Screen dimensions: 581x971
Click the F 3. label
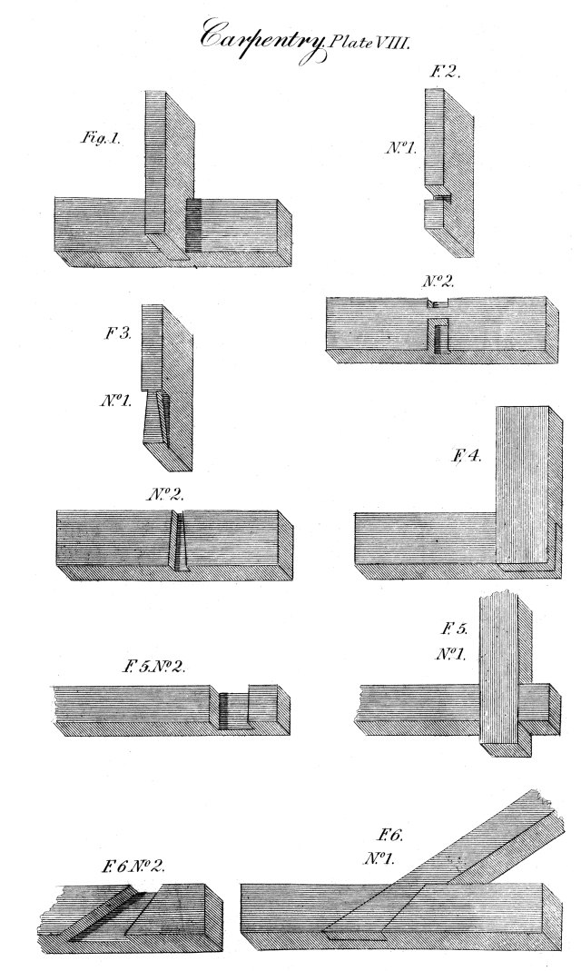click(118, 333)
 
